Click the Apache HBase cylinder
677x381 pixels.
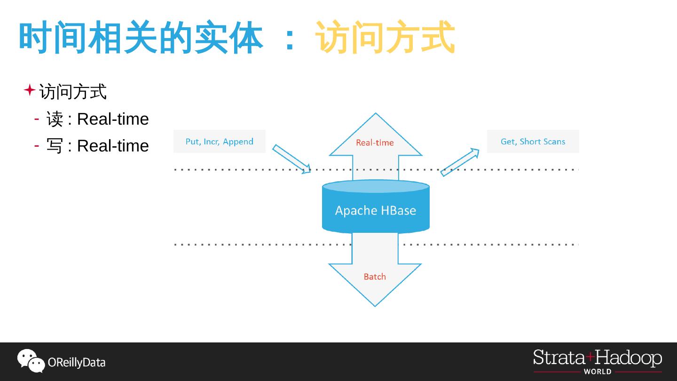coord(375,210)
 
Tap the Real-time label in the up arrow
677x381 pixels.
coord(375,143)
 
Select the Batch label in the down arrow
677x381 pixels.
coord(375,277)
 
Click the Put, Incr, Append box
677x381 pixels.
coord(219,142)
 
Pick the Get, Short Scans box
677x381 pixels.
coord(533,142)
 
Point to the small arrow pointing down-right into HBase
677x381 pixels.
coord(292,159)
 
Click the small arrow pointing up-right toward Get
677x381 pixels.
coord(460,162)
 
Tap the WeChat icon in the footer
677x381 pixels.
coord(31,361)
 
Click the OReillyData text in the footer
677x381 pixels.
coord(77,363)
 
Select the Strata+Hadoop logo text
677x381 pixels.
coord(597,358)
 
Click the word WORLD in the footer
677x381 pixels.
coord(598,372)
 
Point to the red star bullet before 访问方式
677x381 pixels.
coord(30,90)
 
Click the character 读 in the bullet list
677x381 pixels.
coord(55,119)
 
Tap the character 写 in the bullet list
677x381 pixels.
coord(55,146)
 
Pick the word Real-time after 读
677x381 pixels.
coord(113,119)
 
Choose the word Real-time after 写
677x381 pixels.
coord(113,146)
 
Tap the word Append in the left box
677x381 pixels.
coord(238,142)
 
